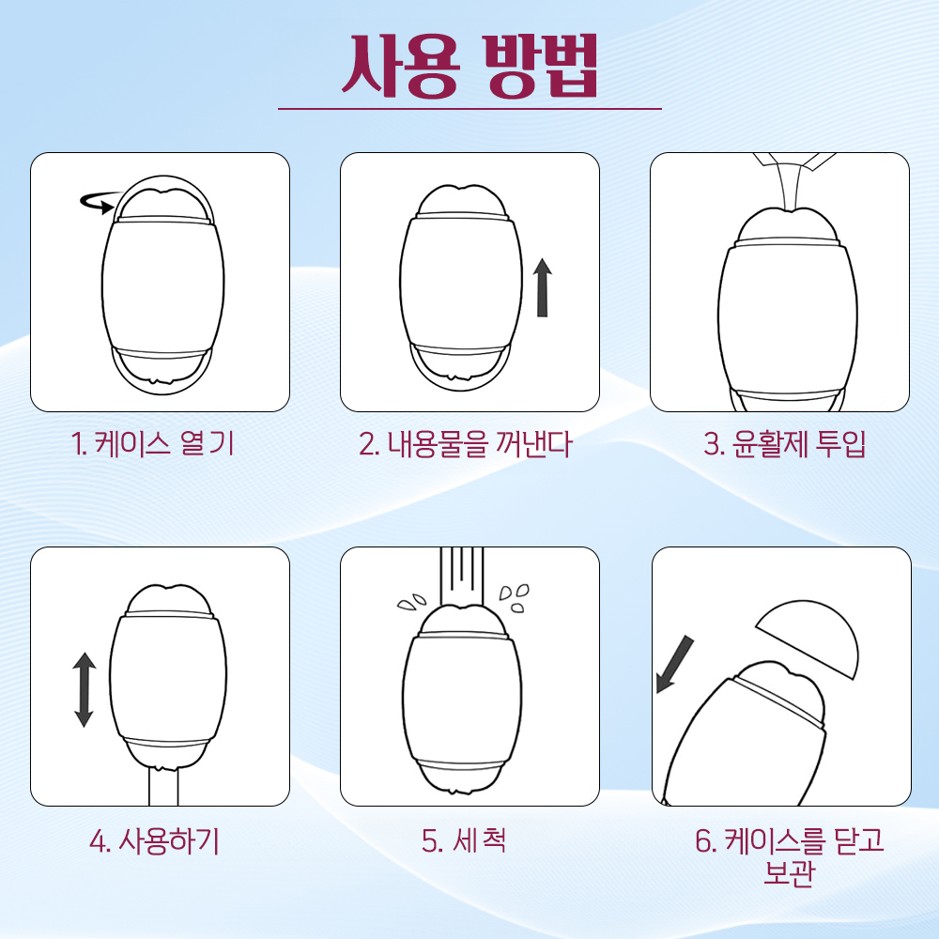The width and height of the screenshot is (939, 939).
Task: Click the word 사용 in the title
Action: (x=400, y=66)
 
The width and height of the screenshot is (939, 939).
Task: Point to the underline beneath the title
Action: (x=469, y=109)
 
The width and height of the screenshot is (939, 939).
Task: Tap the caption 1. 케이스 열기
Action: (x=152, y=444)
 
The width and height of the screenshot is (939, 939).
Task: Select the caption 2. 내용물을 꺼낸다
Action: (x=466, y=444)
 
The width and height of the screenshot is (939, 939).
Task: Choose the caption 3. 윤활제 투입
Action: (x=784, y=444)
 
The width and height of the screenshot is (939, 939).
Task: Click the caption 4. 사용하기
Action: (x=155, y=840)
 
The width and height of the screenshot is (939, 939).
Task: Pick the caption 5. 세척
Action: (x=464, y=839)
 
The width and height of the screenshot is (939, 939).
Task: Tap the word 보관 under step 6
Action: (x=790, y=872)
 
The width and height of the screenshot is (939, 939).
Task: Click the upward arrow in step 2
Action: (x=543, y=287)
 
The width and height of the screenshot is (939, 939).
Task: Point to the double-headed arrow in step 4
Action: (x=84, y=689)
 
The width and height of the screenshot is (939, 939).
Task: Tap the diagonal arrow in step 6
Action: (x=674, y=665)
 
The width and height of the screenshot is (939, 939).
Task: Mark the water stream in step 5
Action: (x=461, y=577)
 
